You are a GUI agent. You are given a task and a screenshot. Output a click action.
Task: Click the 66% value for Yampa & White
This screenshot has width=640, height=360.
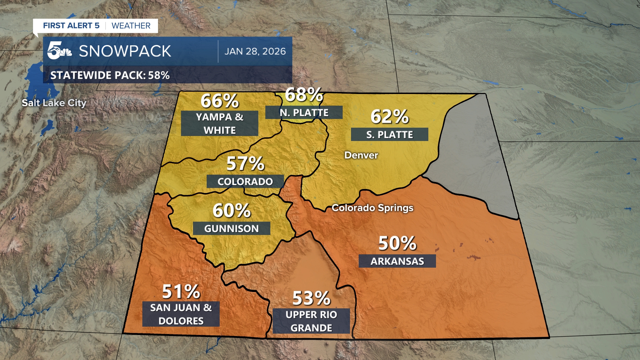[x=220, y=101]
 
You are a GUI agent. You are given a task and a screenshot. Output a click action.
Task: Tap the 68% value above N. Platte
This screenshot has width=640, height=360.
[x=304, y=95]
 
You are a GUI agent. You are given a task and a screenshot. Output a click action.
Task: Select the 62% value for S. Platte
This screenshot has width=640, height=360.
[x=389, y=117]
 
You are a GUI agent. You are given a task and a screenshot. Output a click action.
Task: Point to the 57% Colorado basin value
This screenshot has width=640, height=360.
[x=245, y=164]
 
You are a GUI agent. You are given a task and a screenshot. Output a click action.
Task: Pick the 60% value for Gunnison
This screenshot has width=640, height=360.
[x=232, y=211]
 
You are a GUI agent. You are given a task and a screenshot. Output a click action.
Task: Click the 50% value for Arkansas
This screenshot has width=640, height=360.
[x=397, y=243]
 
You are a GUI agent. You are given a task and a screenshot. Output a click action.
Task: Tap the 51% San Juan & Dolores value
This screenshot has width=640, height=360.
[x=181, y=292]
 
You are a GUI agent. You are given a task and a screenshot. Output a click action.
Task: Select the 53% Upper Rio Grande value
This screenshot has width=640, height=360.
[x=311, y=298]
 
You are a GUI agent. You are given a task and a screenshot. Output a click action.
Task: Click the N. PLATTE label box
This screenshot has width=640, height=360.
[x=304, y=113]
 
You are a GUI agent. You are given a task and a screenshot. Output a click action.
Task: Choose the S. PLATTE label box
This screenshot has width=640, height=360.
[x=389, y=135]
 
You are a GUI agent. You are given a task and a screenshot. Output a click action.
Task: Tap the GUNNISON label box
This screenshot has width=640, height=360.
[x=231, y=229]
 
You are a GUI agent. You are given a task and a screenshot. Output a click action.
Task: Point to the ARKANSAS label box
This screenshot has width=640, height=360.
[x=397, y=261]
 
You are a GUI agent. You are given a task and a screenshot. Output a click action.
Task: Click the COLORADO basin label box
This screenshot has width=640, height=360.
[x=245, y=182]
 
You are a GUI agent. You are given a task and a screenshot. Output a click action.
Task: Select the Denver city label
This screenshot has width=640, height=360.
[x=361, y=155]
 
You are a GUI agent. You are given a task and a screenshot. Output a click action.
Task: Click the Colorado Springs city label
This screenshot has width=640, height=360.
[x=372, y=208]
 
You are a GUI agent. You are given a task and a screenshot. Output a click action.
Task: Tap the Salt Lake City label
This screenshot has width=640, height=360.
[x=54, y=103]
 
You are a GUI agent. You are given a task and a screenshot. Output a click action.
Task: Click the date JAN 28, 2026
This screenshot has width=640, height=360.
[x=255, y=51]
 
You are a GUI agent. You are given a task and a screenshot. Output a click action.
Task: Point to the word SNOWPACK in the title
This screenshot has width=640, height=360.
[x=125, y=51]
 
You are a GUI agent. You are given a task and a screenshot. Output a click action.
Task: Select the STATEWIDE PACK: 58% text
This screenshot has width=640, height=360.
[x=110, y=75]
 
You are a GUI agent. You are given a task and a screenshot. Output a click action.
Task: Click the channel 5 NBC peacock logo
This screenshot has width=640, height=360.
[x=59, y=51]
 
